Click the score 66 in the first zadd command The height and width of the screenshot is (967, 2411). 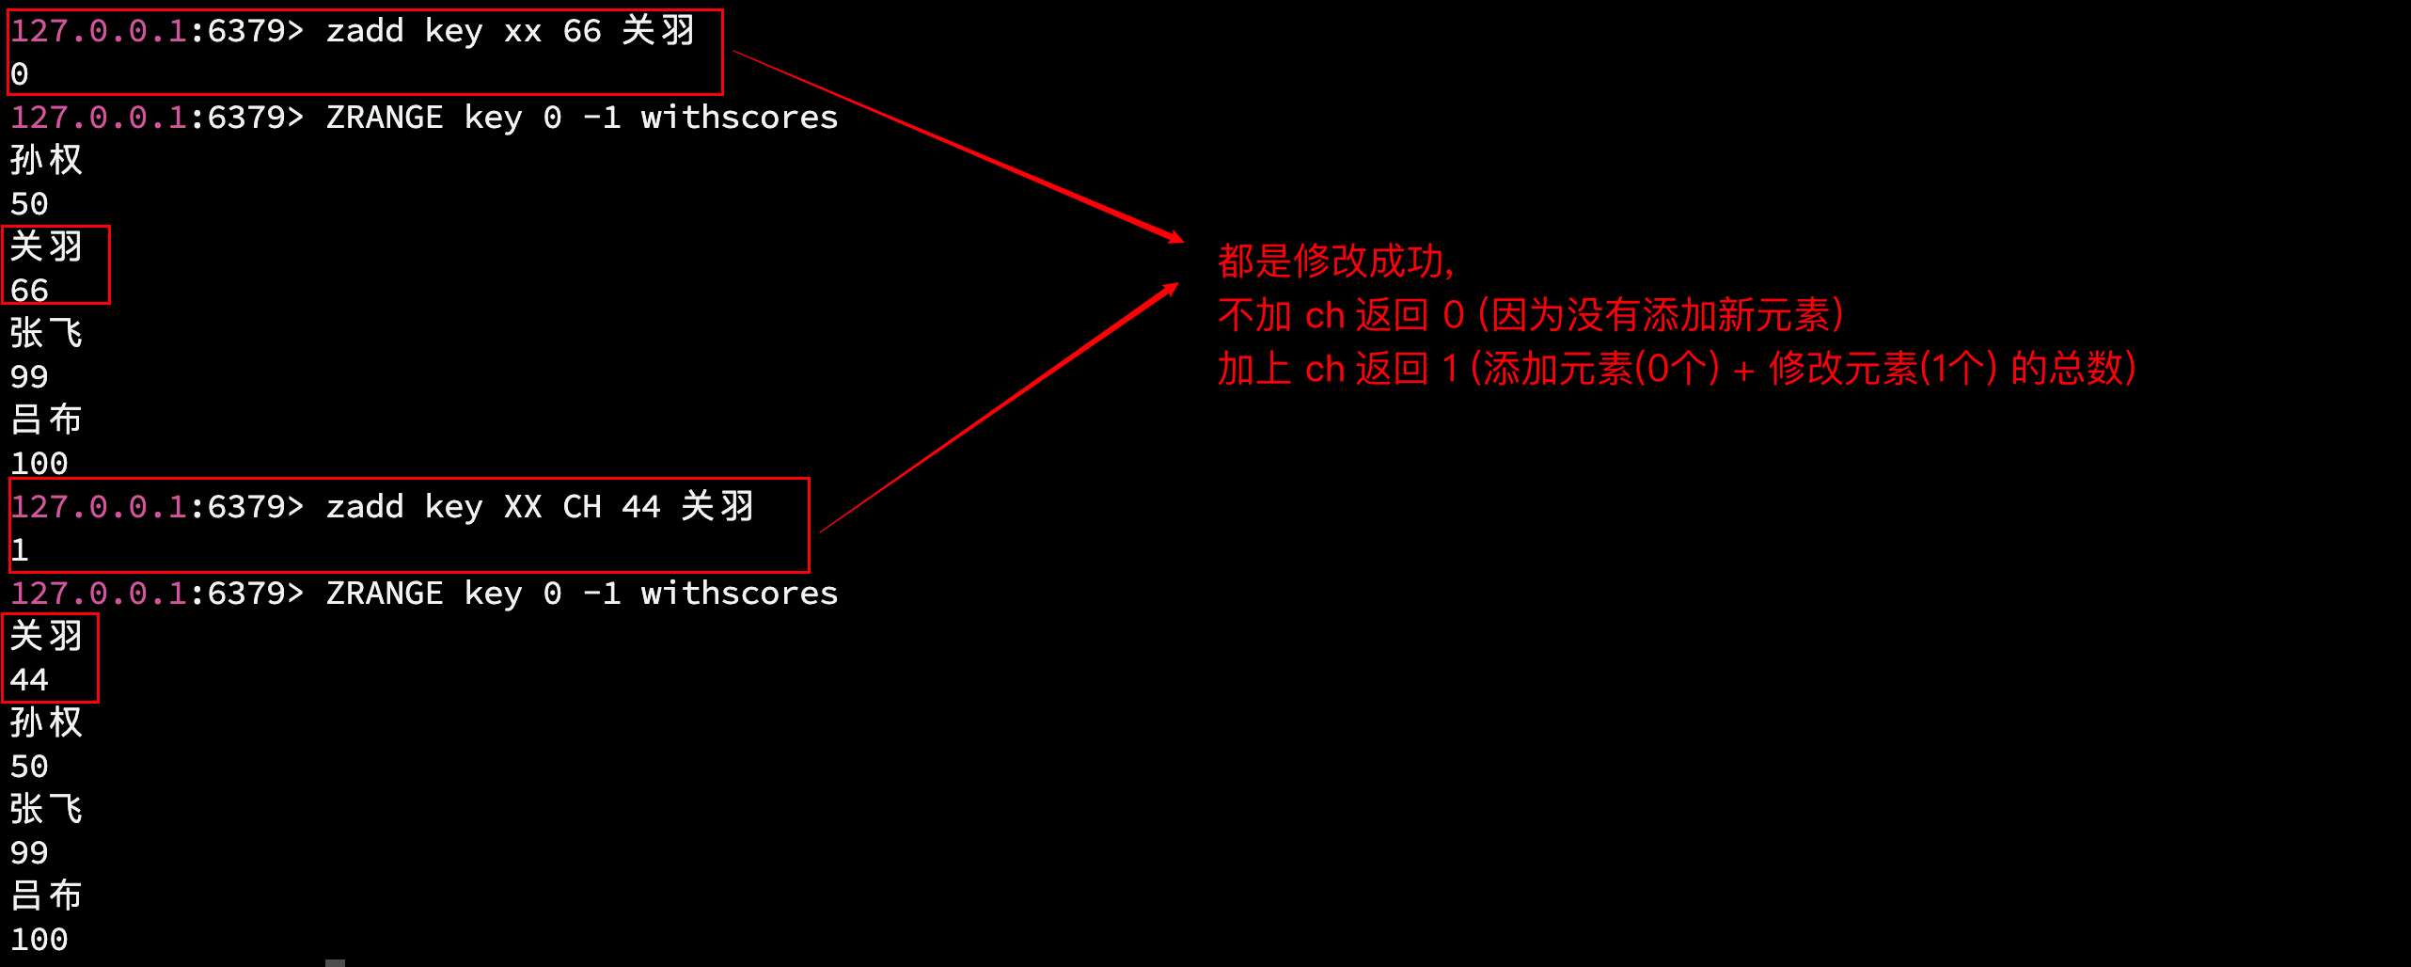581,31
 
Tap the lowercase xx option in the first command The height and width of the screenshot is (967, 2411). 522,31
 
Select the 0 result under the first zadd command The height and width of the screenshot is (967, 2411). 20,74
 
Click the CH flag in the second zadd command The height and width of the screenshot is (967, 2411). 581,507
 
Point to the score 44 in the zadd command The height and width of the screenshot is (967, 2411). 640,507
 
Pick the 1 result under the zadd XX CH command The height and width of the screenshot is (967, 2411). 20,550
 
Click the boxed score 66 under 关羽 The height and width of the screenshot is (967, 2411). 29,291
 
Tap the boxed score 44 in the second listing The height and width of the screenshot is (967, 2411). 29,680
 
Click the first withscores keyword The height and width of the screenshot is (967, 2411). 738,118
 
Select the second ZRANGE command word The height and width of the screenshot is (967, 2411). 384,594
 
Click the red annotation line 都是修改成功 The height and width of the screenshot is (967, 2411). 1335,262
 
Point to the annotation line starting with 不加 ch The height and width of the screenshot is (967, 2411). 1530,315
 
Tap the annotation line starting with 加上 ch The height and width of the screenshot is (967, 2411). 1676,369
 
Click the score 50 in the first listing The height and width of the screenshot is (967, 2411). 29,204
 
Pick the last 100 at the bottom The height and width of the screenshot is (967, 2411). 39,940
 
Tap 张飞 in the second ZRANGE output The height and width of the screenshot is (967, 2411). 46,810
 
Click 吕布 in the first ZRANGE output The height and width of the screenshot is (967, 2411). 46,420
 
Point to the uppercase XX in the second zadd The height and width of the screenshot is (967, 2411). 522,507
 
